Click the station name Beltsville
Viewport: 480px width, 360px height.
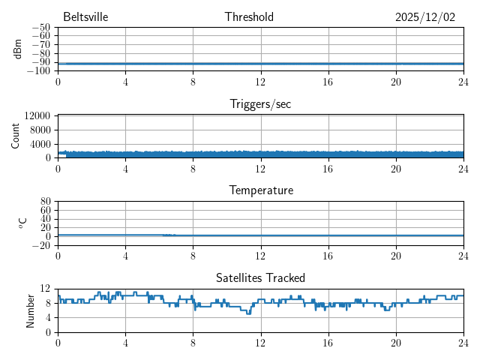(85, 17)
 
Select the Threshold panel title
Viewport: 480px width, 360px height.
(249, 17)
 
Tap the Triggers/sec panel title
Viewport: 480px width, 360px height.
(260, 104)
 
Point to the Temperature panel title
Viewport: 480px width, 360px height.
(260, 190)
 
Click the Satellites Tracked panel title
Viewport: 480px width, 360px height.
(260, 277)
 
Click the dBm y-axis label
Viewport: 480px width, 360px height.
(17, 49)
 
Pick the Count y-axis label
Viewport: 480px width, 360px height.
(16, 136)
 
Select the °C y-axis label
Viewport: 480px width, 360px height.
(22, 223)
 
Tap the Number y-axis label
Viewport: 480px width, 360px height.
(31, 310)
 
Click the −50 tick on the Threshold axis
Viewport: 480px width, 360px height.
(41, 28)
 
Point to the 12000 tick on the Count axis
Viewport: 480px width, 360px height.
(37, 116)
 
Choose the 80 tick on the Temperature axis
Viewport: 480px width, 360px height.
(45, 202)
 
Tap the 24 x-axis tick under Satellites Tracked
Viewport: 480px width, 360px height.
(463, 342)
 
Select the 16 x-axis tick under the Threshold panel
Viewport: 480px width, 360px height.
(328, 81)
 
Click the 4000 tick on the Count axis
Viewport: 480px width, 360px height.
(40, 144)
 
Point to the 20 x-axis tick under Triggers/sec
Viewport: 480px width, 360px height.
(395, 168)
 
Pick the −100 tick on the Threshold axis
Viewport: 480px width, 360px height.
(39, 71)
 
